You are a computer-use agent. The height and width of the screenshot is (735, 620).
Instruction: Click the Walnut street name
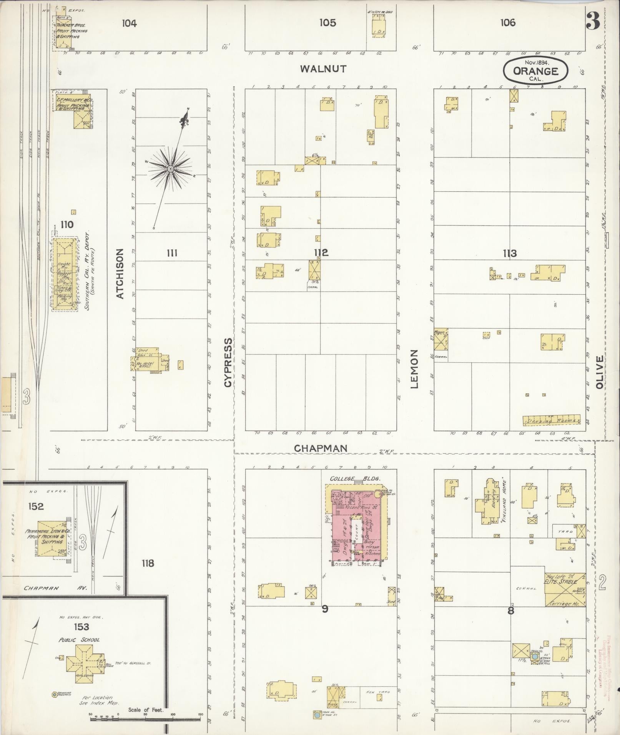tap(323, 69)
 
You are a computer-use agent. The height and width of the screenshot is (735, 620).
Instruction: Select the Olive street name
tap(599, 372)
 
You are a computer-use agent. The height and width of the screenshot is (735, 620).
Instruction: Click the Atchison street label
tap(120, 274)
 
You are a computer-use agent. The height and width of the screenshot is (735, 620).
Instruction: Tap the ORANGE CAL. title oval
tap(535, 70)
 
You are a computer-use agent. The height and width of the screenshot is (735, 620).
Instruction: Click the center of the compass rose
tap(170, 169)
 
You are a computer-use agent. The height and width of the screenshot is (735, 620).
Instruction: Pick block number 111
tap(172, 253)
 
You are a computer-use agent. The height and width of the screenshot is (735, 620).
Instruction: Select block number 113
tap(509, 253)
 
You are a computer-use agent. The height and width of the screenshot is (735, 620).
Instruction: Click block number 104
tap(129, 23)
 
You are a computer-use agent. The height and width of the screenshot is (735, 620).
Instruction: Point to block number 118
tap(148, 564)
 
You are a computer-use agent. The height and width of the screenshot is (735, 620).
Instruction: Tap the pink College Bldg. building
tap(356, 526)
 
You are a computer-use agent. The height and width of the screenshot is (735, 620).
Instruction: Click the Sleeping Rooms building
tap(551, 420)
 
